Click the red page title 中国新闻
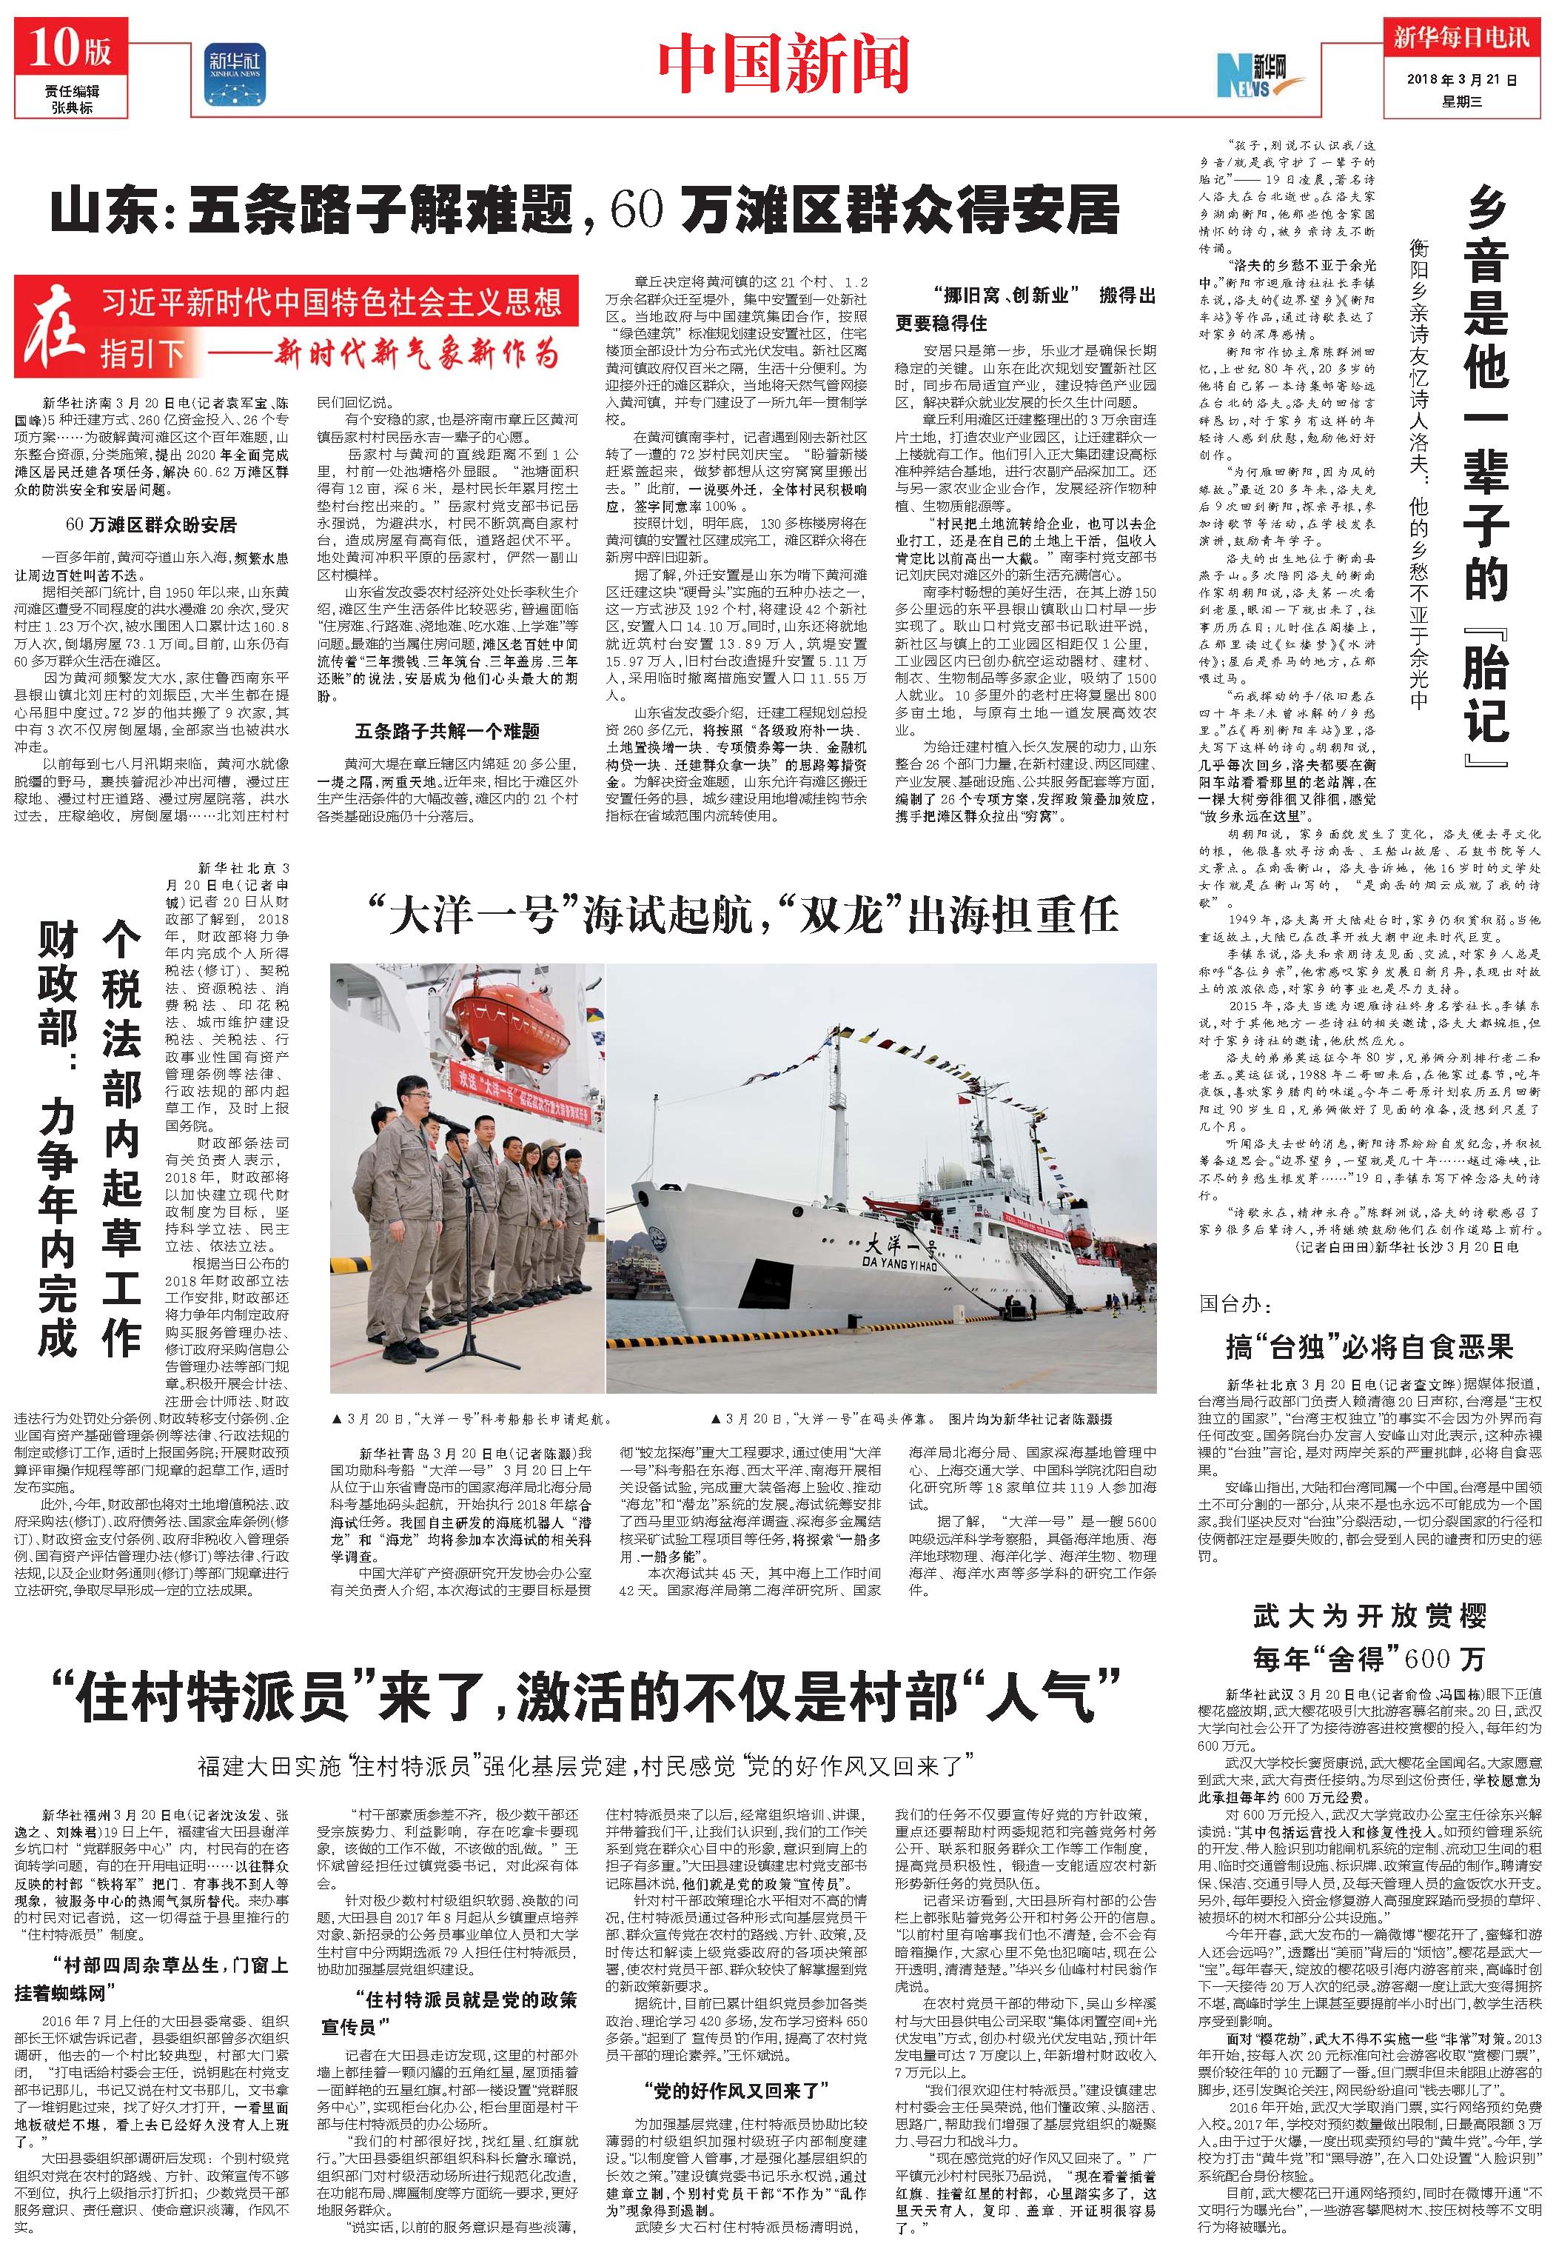click(x=782, y=64)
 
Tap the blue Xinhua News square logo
click(x=234, y=73)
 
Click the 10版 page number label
click(x=70, y=48)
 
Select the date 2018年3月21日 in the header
click(x=1463, y=81)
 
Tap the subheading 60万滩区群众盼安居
click(x=151, y=526)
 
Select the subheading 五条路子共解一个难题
click(x=448, y=730)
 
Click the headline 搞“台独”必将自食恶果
click(x=1368, y=1347)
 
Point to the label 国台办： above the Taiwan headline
click(x=1236, y=1304)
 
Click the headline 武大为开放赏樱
click(x=1369, y=1617)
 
